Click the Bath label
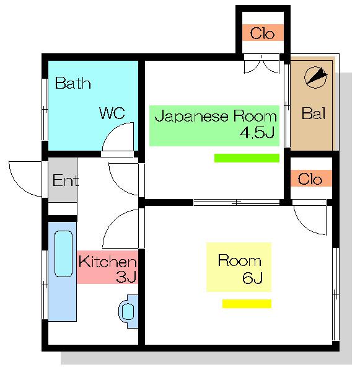pyautogui.click(x=73, y=83)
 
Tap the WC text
pyautogui.click(x=112, y=113)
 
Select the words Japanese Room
pyautogui.click(x=216, y=116)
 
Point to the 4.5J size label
pyautogui.click(x=257, y=133)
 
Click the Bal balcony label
pyautogui.click(x=314, y=113)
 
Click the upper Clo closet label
pyautogui.click(x=262, y=33)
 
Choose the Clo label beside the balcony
pyautogui.click(x=310, y=179)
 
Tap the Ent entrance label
pyautogui.click(x=65, y=180)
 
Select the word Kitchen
pyautogui.click(x=107, y=262)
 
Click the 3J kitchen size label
pyautogui.click(x=126, y=277)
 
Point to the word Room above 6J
pyautogui.click(x=240, y=260)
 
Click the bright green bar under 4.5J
pyautogui.click(x=247, y=158)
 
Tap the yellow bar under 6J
pyautogui.click(x=247, y=304)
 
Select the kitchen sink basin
pyautogui.click(x=64, y=254)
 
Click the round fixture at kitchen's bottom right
pyautogui.click(x=128, y=311)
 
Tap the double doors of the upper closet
pyautogui.click(x=261, y=64)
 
